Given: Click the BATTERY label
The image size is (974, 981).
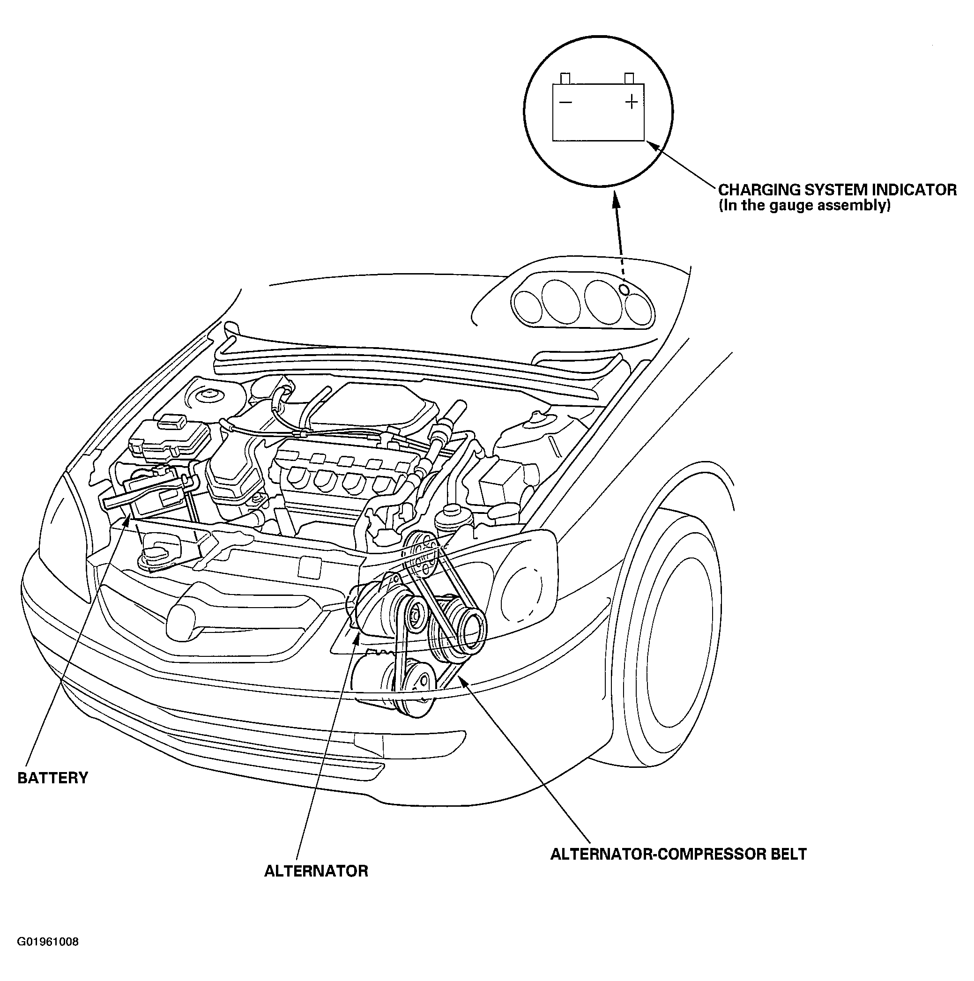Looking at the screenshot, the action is click(x=53, y=778).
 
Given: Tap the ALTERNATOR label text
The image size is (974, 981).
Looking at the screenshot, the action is click(x=316, y=871).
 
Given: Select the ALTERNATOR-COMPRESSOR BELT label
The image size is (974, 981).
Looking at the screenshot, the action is click(x=678, y=854).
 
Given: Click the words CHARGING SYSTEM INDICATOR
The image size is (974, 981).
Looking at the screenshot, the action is click(x=837, y=190).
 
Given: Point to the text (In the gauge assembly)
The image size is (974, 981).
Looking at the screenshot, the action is click(x=804, y=205).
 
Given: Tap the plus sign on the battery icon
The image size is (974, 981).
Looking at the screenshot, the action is click(x=631, y=102).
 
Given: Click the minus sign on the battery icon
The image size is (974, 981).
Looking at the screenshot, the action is click(x=565, y=103).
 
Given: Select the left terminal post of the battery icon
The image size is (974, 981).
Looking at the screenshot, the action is click(x=565, y=79).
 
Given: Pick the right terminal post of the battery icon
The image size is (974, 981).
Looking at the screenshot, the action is click(x=629, y=78).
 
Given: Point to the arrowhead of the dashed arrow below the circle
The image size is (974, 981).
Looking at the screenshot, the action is click(x=616, y=199).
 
